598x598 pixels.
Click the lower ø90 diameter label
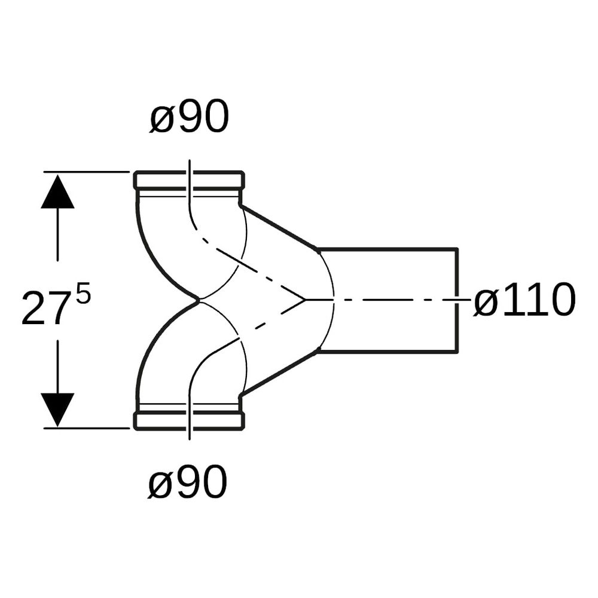click(188, 481)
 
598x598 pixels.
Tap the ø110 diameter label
click(524, 300)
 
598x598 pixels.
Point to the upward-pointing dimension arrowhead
click(57, 191)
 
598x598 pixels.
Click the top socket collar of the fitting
click(189, 180)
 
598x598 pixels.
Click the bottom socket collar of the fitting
click(189, 420)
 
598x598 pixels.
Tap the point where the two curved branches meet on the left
click(199, 300)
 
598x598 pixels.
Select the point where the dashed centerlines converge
click(305, 300)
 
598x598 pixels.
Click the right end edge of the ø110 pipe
click(457, 300)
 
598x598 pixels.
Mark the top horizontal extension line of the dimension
click(87, 172)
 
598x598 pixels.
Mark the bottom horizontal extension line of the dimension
click(87, 428)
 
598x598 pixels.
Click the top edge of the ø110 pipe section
click(387, 249)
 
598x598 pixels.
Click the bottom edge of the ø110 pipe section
click(387, 351)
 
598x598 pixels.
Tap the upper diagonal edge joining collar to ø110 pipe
click(279, 228)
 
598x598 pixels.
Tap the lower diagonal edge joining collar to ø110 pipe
click(279, 372)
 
